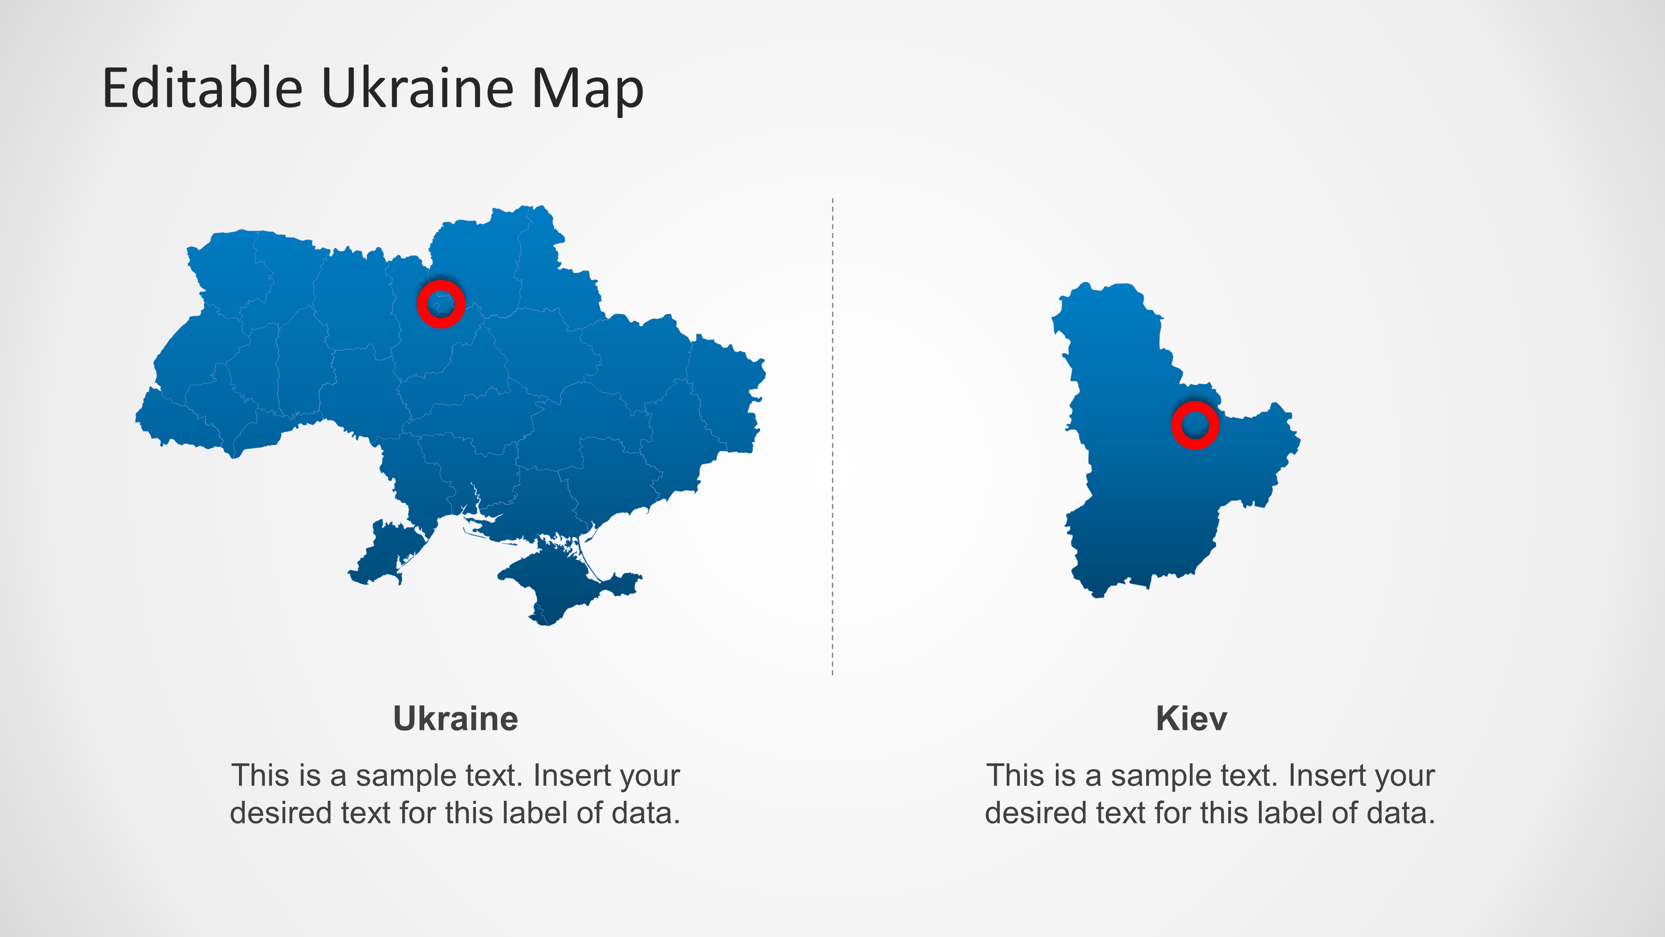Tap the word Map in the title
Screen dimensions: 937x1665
click(x=587, y=90)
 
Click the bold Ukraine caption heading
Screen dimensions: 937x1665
click(x=455, y=718)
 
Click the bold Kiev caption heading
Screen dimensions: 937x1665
click(x=1191, y=718)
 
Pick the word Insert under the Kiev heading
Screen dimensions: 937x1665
click(x=1321, y=775)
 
